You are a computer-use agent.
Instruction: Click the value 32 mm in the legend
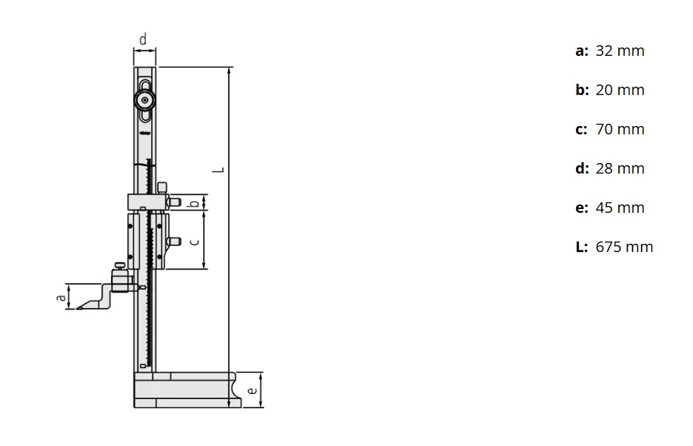coord(620,51)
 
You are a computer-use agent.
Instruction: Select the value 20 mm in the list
coord(620,91)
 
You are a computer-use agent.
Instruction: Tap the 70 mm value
coord(620,130)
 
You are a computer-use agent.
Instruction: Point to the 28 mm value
coord(620,169)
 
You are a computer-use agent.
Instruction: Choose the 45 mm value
coord(620,208)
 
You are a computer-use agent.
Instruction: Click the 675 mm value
coord(624,248)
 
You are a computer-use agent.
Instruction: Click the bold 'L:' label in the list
coord(581,248)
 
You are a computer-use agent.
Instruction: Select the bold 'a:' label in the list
coord(581,51)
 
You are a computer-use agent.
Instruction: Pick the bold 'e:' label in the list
coord(581,208)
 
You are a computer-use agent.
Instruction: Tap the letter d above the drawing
coord(143,38)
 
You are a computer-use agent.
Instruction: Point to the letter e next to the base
coord(253,390)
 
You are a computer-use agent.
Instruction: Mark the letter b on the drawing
coord(194,202)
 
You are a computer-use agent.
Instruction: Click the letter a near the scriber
coord(61,297)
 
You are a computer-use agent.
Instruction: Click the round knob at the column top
coord(144,100)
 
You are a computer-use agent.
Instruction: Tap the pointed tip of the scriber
coord(77,308)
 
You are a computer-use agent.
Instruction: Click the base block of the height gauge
coord(181,390)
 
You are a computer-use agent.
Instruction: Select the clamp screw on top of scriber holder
coord(119,266)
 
